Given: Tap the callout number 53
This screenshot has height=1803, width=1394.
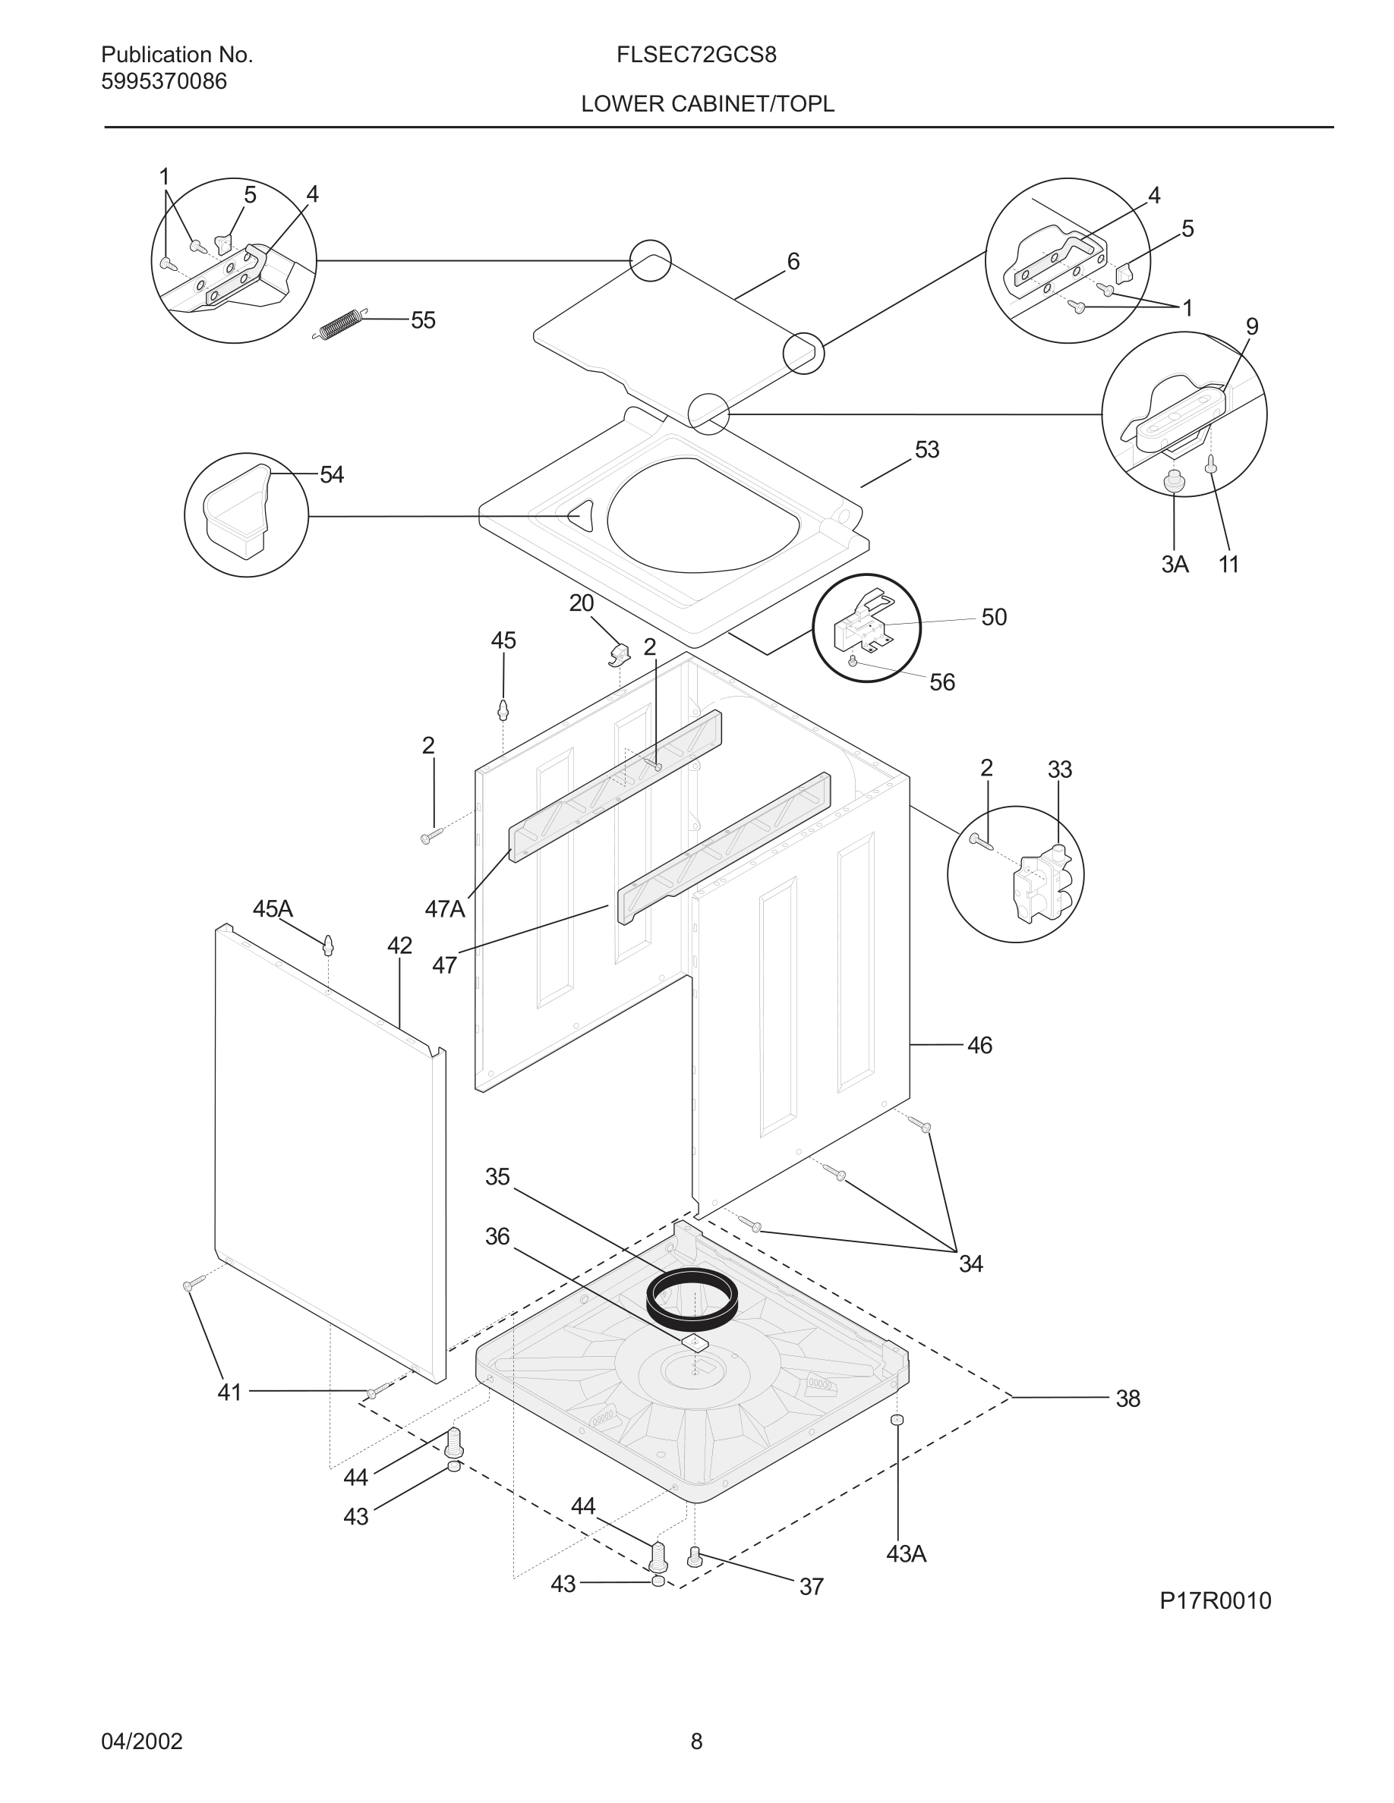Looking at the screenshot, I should pyautogui.click(x=926, y=450).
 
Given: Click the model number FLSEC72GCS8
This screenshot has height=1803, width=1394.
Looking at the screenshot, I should pyautogui.click(x=695, y=55).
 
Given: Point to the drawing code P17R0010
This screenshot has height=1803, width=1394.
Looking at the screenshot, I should pyautogui.click(x=1215, y=1600).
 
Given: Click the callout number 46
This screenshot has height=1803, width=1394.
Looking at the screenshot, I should pyautogui.click(x=979, y=1045).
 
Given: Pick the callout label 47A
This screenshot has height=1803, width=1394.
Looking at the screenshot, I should pyautogui.click(x=445, y=909).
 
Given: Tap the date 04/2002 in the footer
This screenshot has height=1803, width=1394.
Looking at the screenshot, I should pyautogui.click(x=141, y=1741).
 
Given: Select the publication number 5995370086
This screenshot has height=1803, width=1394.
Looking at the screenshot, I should pyautogui.click(x=163, y=82).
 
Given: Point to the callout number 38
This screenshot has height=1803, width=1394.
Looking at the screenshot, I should pyautogui.click(x=1127, y=1399).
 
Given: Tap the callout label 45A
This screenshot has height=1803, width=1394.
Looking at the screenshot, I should pyautogui.click(x=273, y=909).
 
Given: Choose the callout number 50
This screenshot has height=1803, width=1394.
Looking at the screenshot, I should pyautogui.click(x=993, y=618).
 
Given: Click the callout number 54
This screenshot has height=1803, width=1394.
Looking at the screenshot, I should pyautogui.click(x=331, y=475).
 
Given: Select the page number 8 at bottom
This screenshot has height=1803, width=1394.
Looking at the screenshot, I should pyautogui.click(x=696, y=1741).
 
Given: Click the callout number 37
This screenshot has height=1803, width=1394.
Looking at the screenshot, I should pyautogui.click(x=811, y=1587).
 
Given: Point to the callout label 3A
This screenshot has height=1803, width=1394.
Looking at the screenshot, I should pyautogui.click(x=1175, y=565).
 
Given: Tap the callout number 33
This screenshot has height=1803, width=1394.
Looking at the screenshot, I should pyautogui.click(x=1059, y=769).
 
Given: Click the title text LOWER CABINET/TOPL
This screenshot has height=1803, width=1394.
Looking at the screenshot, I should pyautogui.click(x=708, y=104).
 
